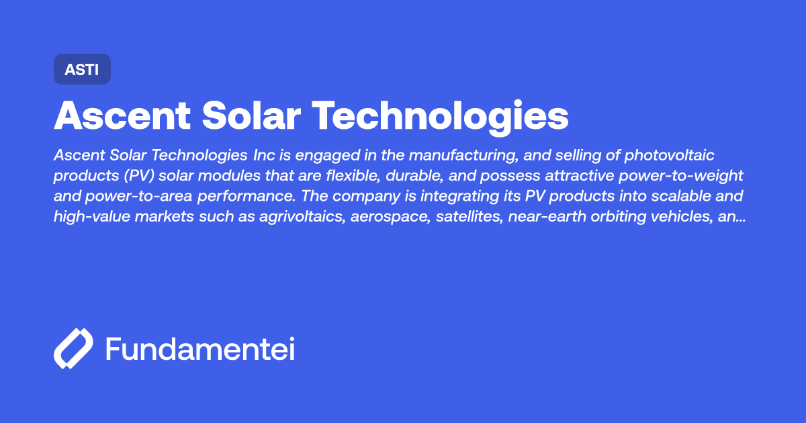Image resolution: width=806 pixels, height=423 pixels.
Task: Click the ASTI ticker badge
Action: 82,69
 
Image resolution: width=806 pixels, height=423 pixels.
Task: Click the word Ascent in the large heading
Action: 120,116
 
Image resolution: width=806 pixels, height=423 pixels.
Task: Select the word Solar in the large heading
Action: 251,116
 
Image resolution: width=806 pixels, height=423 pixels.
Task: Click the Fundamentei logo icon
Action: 73,349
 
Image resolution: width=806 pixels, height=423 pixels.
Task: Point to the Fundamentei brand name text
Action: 200,349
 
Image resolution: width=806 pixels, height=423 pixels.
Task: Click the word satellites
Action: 486,216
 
